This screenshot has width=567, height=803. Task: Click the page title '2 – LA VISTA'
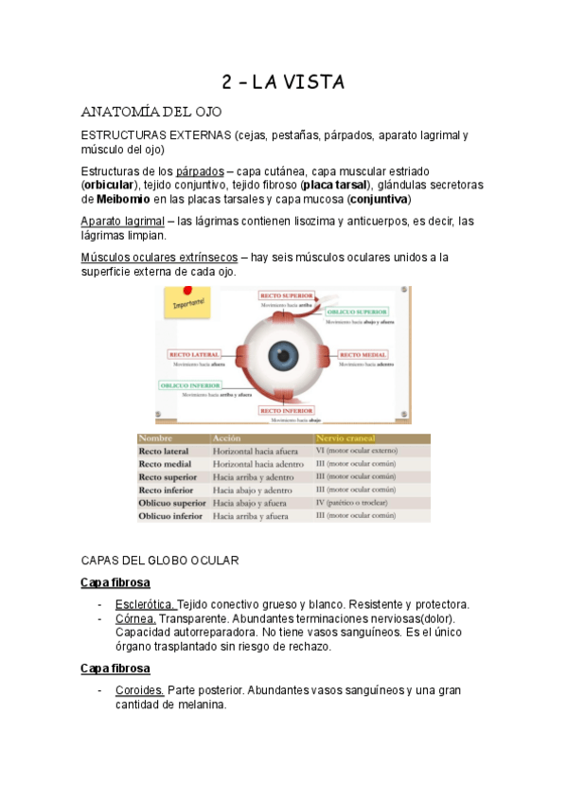[x=283, y=82]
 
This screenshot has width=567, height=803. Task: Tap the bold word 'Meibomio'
[x=122, y=200]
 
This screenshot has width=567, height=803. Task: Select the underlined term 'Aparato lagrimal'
[x=122, y=221]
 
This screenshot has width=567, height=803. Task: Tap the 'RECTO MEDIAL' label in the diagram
[x=363, y=354]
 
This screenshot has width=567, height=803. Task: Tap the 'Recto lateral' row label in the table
[x=165, y=452]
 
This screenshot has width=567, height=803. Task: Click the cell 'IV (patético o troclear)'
[x=356, y=504]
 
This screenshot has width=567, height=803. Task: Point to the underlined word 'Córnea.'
[x=136, y=618]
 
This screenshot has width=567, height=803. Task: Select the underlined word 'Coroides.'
[x=140, y=690]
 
